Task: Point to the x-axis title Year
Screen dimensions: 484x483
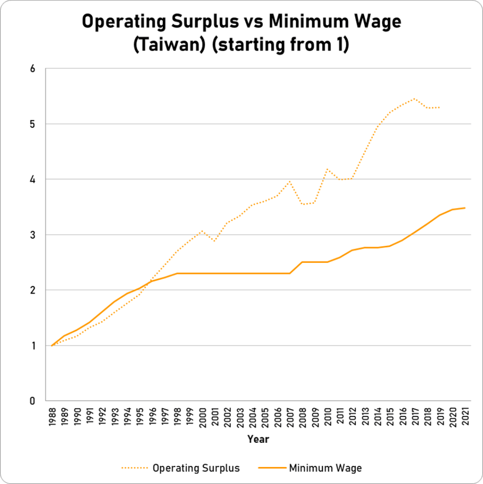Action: click(x=258, y=439)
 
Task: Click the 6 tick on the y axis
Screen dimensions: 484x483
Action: click(x=33, y=69)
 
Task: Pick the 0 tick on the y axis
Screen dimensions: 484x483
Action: click(x=33, y=401)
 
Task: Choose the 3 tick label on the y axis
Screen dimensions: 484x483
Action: click(x=33, y=235)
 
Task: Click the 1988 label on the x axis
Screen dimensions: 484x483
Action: click(x=51, y=415)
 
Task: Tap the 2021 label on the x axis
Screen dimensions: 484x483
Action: click(x=465, y=415)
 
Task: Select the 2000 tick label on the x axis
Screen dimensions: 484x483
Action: click(x=202, y=415)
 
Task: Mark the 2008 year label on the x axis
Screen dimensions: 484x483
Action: click(x=302, y=415)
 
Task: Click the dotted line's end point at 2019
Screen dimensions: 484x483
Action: click(x=440, y=107)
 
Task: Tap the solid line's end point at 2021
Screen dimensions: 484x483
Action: click(x=465, y=208)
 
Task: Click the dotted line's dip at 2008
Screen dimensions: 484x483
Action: click(x=302, y=204)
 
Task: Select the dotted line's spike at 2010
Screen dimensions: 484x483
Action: click(x=327, y=169)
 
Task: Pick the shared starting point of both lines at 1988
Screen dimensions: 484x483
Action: click(x=51, y=346)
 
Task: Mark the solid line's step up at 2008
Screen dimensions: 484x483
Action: click(x=302, y=262)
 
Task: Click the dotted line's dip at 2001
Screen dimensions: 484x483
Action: click(x=214, y=241)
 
